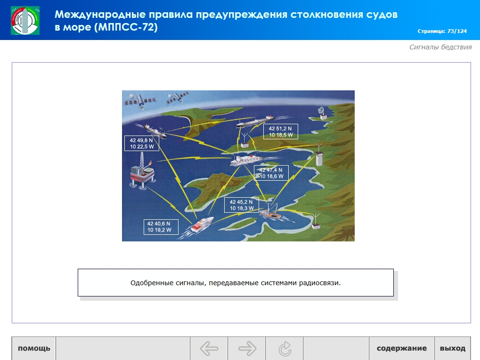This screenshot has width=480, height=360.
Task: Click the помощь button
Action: point(33,348)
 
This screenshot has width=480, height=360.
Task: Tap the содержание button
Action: point(402,348)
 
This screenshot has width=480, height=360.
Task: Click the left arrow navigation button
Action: point(209,348)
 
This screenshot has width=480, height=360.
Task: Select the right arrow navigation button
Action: point(247,348)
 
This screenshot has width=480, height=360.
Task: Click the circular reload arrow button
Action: point(285,348)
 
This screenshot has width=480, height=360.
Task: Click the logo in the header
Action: point(25,21)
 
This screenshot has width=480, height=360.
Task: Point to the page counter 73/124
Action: point(457,31)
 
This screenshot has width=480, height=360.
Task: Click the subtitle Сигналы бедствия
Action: point(440,47)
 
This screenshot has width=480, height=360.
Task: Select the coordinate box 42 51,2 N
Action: point(281,131)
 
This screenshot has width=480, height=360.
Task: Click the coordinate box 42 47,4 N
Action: point(271,173)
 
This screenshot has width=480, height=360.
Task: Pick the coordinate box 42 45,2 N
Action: point(242,205)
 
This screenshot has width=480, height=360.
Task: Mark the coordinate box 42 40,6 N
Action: point(161,227)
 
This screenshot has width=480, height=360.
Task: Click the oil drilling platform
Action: point(142,171)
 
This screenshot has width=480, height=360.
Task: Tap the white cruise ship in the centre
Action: point(246,160)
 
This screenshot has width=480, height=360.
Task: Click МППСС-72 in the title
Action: point(126,27)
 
